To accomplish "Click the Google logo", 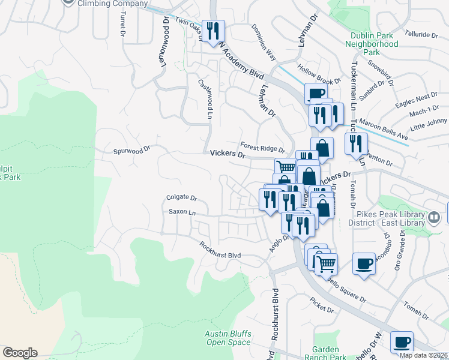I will click(x=19, y=353).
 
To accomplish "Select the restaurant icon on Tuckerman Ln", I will click(x=357, y=143).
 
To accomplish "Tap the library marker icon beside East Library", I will click(x=433, y=217).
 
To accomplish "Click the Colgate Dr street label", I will click(x=182, y=197).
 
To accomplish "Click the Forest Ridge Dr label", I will click(x=262, y=146).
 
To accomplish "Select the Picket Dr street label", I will click(x=322, y=309).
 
